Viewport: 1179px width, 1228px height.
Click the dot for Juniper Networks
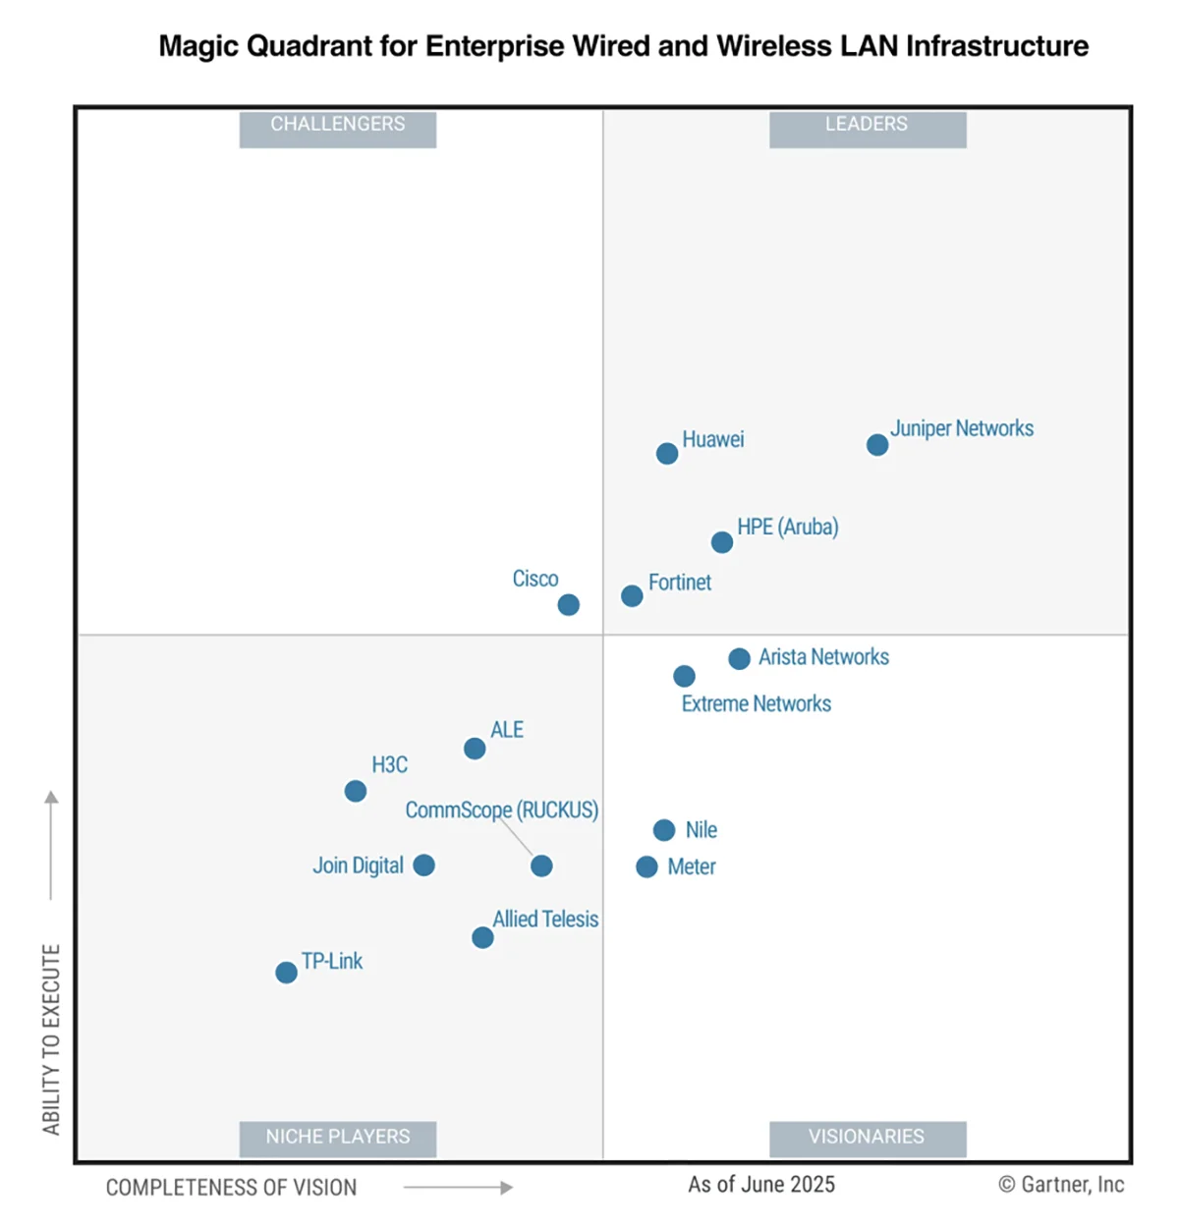tap(877, 445)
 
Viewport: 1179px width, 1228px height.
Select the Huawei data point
tap(667, 454)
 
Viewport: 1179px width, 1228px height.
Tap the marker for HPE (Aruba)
tap(722, 542)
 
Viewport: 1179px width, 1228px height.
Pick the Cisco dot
tap(569, 605)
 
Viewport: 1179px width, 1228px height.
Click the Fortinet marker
tap(632, 596)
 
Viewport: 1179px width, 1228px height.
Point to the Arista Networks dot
tap(740, 659)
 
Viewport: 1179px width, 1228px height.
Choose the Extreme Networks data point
tap(685, 676)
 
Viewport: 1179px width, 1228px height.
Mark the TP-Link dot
tap(286, 973)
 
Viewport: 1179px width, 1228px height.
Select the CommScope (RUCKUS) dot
tap(541, 865)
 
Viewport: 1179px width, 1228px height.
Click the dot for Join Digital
tap(424, 865)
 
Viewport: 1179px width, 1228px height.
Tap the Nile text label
tap(702, 830)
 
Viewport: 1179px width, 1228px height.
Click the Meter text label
tap(692, 866)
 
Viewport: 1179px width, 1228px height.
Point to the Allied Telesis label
tap(545, 920)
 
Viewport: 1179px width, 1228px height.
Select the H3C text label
tap(389, 765)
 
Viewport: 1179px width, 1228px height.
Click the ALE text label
tap(507, 730)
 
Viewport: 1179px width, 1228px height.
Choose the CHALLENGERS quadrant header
tap(338, 125)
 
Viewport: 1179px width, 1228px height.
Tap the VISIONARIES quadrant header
tap(867, 1137)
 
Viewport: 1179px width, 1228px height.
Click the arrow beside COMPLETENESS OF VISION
tap(458, 1188)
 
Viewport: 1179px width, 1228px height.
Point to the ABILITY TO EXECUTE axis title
tap(51, 1039)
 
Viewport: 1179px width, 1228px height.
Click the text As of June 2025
tap(761, 1185)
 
